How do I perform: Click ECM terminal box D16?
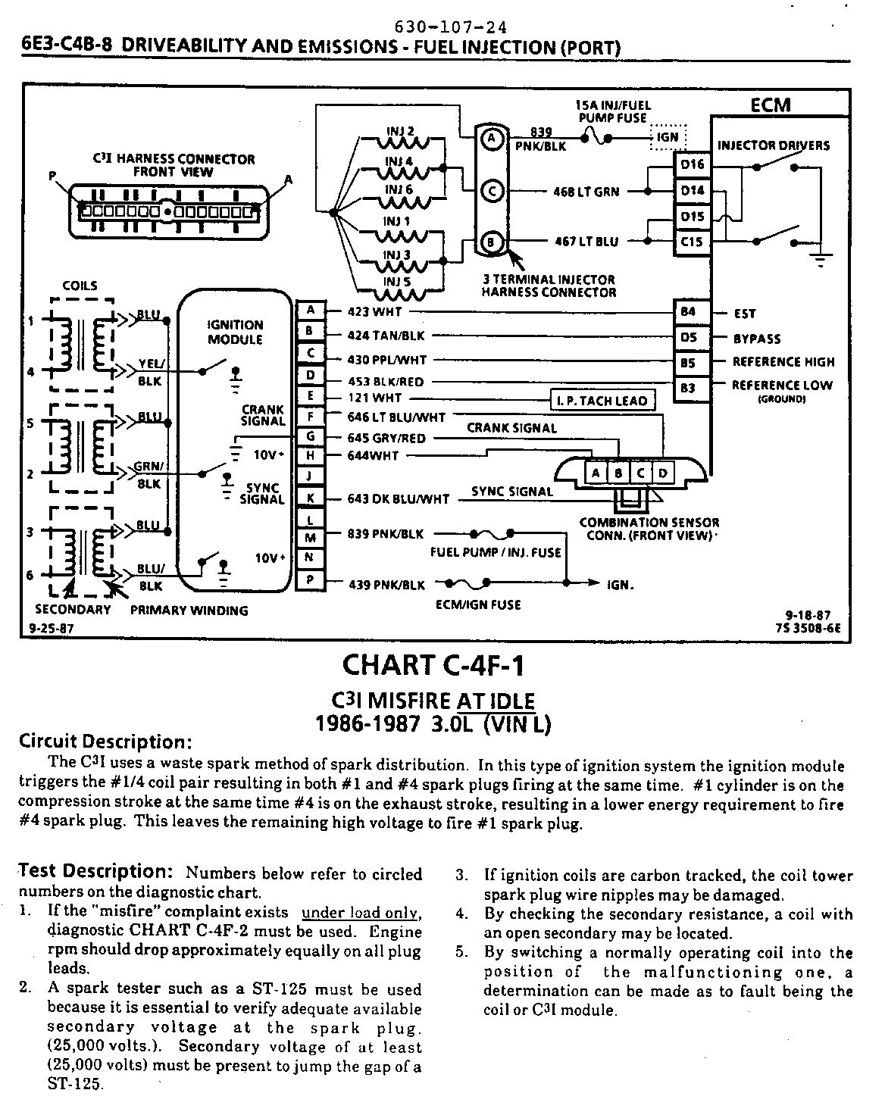coord(691,164)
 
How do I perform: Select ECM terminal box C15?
coord(691,242)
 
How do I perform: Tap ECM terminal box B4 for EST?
coord(688,312)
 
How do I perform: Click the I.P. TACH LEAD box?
coord(601,401)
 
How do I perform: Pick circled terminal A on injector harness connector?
coord(491,138)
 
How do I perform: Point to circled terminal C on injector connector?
coord(491,192)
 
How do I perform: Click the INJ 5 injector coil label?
coord(397,282)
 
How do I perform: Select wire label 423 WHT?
coord(374,311)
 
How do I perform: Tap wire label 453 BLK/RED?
coord(386,382)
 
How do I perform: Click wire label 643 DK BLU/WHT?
coord(398,499)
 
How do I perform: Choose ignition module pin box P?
coord(311,581)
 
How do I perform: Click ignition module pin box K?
coord(311,498)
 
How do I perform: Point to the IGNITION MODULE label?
coord(235,332)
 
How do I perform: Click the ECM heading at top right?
coord(770,105)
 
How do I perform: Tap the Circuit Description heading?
coord(105,741)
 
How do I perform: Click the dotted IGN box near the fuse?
coord(668,137)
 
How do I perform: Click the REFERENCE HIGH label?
coord(783,362)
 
